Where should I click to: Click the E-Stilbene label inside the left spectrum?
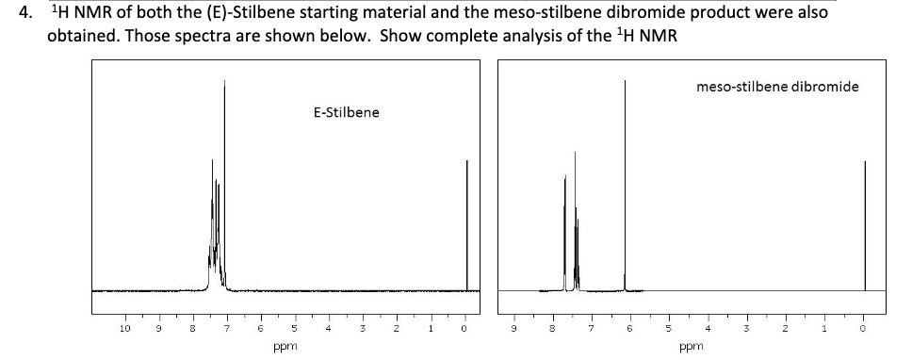pyautogui.click(x=346, y=113)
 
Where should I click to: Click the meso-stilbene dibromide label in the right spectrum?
pyautogui.click(x=777, y=87)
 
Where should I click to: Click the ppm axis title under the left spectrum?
pyautogui.click(x=280, y=346)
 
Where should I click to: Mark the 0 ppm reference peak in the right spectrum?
pyautogui.click(x=865, y=226)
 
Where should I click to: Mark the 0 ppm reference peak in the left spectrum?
pyautogui.click(x=466, y=226)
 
